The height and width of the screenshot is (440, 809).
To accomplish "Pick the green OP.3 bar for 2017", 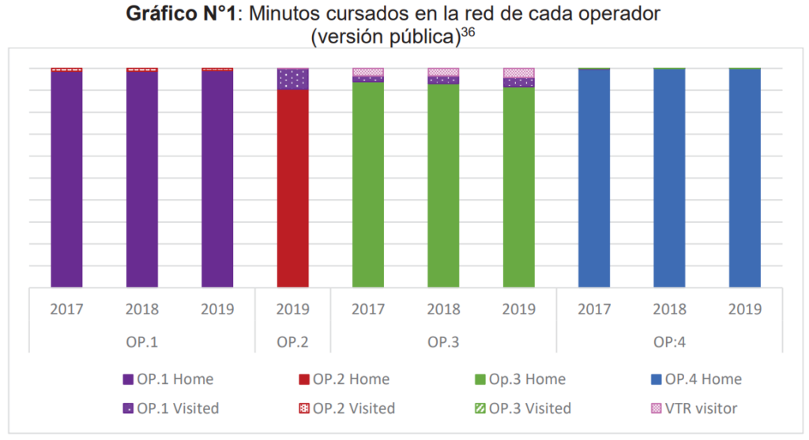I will tap(368, 185).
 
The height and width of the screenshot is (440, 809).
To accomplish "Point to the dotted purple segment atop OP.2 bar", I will tap(292, 79).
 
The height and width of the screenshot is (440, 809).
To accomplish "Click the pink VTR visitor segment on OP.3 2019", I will tap(519, 73).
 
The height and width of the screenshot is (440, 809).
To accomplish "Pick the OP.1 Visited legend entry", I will tap(170, 408).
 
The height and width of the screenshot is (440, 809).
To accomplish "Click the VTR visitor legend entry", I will tap(696, 408).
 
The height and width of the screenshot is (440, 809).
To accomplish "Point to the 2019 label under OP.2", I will tap(292, 309).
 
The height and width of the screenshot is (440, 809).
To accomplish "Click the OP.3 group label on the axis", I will tap(443, 342).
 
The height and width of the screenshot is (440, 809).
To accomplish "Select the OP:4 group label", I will tap(669, 342).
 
